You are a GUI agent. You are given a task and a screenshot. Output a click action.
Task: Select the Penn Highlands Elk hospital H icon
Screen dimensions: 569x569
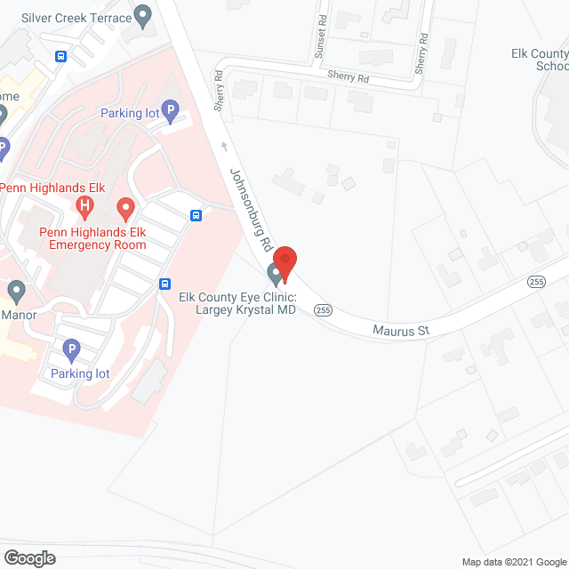pyautogui.click(x=84, y=208)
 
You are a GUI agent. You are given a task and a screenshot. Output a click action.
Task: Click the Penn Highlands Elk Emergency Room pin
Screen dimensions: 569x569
pyautogui.click(x=125, y=210)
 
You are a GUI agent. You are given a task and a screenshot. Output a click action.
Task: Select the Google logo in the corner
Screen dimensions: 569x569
pyautogui.click(x=28, y=558)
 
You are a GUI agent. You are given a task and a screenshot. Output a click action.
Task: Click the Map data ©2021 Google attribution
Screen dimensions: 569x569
pyautogui.click(x=511, y=561)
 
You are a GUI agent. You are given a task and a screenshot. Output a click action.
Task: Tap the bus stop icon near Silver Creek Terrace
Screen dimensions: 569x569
pyautogui.click(x=60, y=57)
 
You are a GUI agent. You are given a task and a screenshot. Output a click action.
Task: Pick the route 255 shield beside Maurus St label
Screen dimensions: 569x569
pyautogui.click(x=323, y=310)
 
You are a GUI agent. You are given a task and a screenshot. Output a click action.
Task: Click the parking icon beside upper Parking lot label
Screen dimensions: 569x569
pyautogui.click(x=171, y=112)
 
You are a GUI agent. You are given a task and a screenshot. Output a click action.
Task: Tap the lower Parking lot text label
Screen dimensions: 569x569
pyautogui.click(x=80, y=373)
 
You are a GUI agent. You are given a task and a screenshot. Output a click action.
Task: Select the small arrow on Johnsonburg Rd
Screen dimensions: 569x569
pyautogui.click(x=223, y=146)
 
